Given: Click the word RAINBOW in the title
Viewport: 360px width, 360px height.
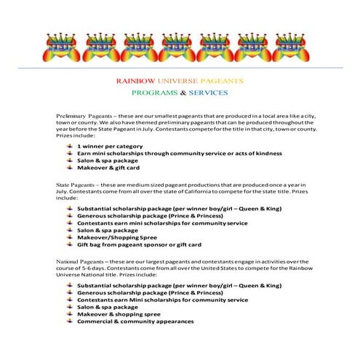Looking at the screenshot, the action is (134, 81).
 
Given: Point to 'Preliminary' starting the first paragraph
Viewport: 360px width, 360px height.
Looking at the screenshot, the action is (71, 116).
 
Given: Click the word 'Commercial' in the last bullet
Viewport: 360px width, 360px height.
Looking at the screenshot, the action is (97, 321).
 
